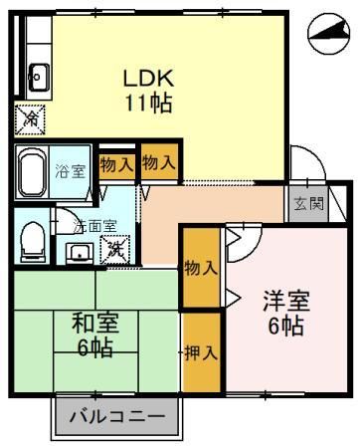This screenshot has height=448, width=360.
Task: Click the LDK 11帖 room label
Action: point(148,90)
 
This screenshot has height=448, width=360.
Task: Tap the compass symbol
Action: point(329,34)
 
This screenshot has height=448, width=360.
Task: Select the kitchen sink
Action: point(39,77)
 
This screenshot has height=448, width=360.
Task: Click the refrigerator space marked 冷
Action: point(30,119)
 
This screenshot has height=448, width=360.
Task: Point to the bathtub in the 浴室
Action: point(32,172)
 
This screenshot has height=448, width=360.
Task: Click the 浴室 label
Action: point(71,171)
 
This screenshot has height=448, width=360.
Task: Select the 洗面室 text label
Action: point(94,226)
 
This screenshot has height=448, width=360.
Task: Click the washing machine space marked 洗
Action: point(115,250)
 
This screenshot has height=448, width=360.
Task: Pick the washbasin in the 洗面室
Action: point(80,253)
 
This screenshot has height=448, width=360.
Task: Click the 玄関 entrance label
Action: point(309,203)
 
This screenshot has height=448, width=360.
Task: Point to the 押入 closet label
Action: point(201,352)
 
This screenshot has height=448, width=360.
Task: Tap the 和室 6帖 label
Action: point(95,336)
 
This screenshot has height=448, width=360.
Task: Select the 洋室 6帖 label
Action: point(286,314)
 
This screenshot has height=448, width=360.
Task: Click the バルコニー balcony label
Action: point(117,416)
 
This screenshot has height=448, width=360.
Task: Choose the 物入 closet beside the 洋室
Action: point(201,268)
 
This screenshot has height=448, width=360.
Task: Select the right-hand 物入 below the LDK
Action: point(159,162)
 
